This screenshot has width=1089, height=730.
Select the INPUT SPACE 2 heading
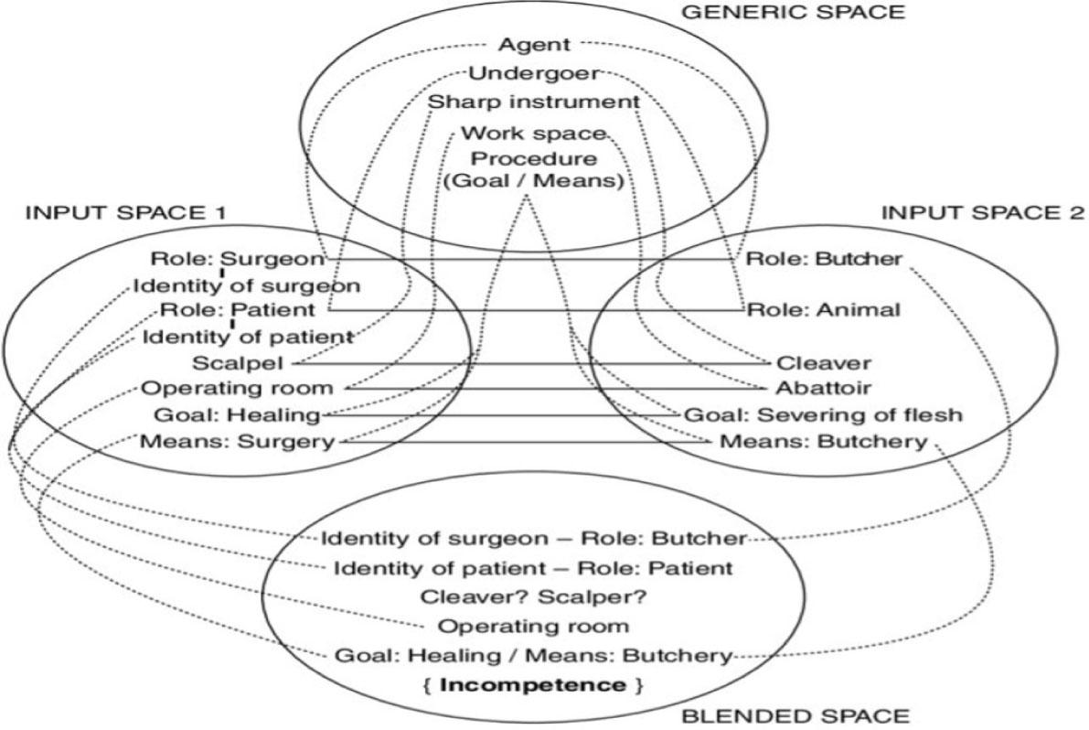(982, 213)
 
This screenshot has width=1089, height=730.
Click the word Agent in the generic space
(535, 43)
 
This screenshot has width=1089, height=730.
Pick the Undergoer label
(535, 72)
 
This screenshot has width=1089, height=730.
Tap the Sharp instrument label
(534, 102)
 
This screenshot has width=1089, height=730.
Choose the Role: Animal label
(824, 309)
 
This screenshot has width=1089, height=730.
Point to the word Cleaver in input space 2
(824, 362)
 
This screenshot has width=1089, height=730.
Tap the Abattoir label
(824, 388)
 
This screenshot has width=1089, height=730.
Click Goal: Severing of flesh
(824, 415)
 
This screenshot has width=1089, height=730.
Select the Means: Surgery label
(238, 443)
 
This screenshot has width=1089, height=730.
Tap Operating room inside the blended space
(534, 627)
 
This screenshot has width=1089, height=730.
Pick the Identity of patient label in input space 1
(248, 337)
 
